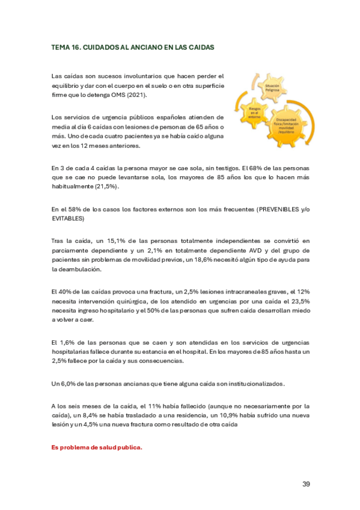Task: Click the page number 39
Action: coord(306,484)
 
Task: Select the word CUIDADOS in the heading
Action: coord(100,46)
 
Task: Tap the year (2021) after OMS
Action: coord(135,95)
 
